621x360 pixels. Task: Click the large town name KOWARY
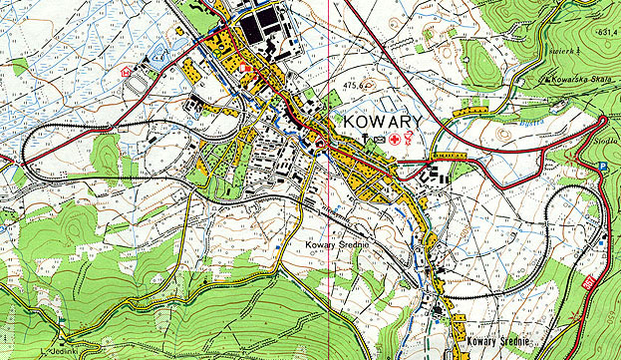tap(382, 122)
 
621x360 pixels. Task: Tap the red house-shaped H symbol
tap(126, 72)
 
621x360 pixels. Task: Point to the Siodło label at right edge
tap(606, 142)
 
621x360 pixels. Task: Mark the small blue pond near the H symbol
tap(156, 59)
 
